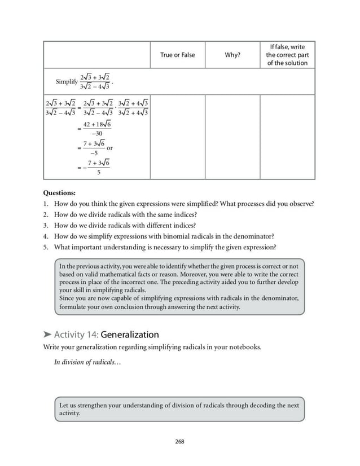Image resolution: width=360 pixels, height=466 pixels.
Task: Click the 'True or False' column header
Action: pyautogui.click(x=177, y=55)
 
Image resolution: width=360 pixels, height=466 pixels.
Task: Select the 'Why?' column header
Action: pyautogui.click(x=232, y=55)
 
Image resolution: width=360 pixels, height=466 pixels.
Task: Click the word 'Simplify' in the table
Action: pyautogui.click(x=66, y=82)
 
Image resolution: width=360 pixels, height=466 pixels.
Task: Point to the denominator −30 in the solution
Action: pyautogui.click(x=96, y=133)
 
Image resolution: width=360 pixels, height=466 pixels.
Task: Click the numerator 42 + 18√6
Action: pyautogui.click(x=96, y=124)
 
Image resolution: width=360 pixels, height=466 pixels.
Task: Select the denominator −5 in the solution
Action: pyautogui.click(x=94, y=153)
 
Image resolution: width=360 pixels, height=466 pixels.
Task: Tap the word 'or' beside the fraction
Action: pyautogui.click(x=110, y=148)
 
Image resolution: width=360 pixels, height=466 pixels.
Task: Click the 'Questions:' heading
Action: pyautogui.click(x=59, y=192)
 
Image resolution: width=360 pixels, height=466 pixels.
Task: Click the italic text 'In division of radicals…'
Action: pyautogui.click(x=87, y=362)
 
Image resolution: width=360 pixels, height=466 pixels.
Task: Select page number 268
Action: pyautogui.click(x=179, y=441)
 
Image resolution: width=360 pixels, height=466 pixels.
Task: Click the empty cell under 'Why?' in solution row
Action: pyautogui.click(x=232, y=137)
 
